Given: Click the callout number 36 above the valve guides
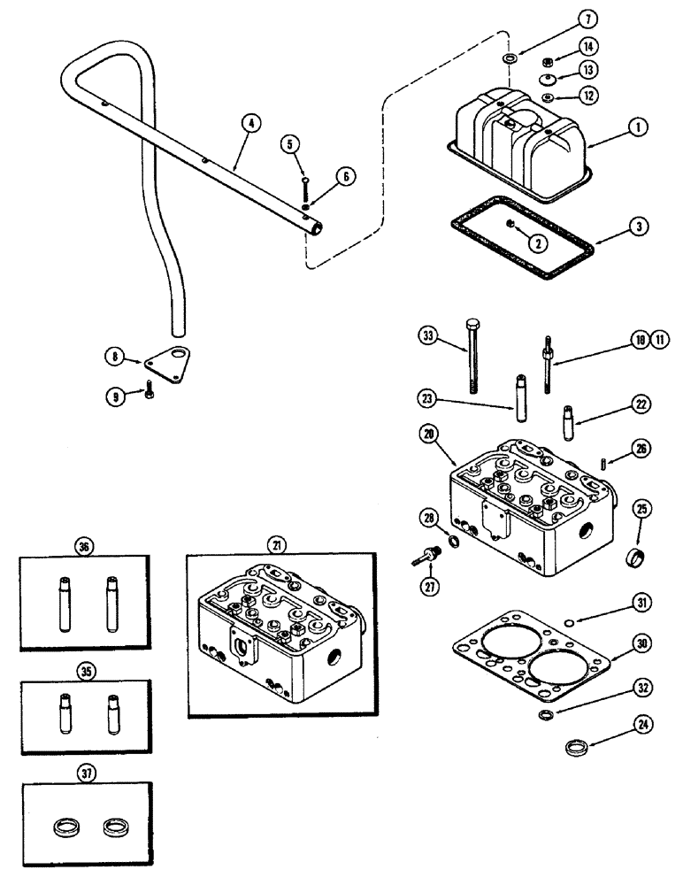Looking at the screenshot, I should point(87,545).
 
